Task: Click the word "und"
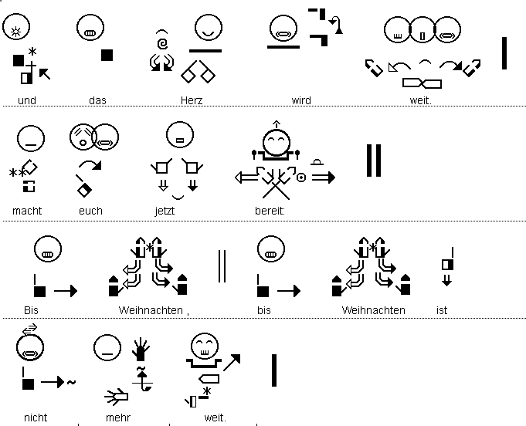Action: pos(28,100)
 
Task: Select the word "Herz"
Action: pos(192,100)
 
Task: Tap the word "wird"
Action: pos(300,100)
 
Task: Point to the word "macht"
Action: pos(27,211)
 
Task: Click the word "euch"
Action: pos(90,211)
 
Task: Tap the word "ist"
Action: pos(442,310)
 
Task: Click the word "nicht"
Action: pos(36,418)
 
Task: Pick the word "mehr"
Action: pos(118,418)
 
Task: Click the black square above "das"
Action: pos(107,55)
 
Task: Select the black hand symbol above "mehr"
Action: pos(140,349)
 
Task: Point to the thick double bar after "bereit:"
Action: pos(374,161)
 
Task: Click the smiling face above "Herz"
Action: pos(206,29)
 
